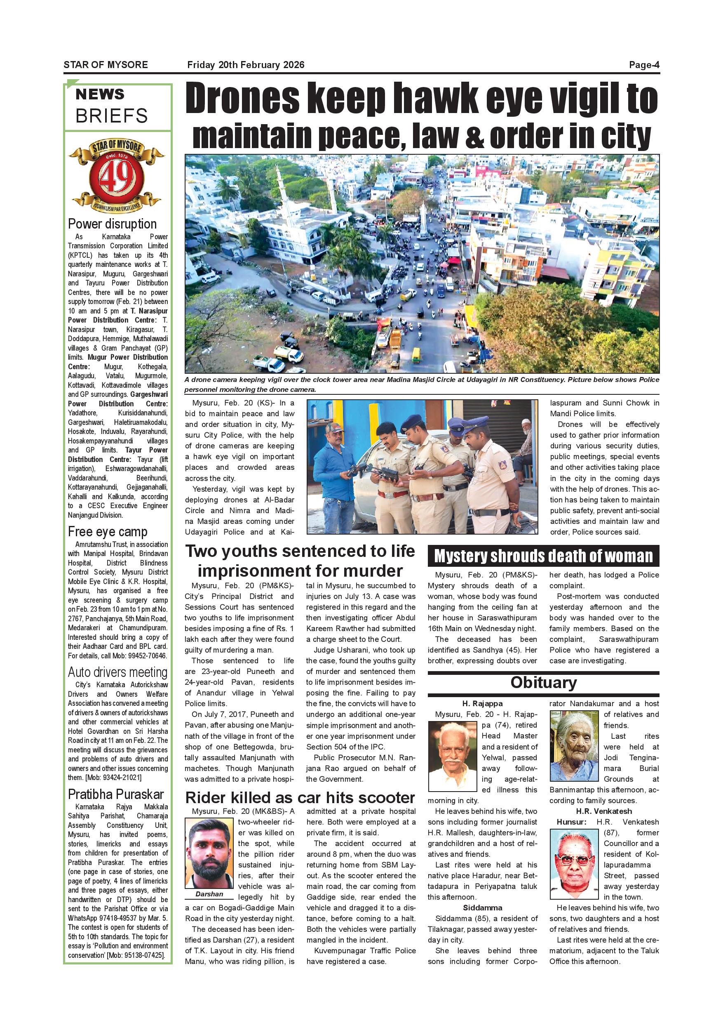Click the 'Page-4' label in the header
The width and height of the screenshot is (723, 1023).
(x=644, y=65)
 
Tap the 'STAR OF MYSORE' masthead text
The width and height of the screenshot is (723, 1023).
(x=106, y=65)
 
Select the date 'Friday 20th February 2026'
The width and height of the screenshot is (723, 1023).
(x=246, y=65)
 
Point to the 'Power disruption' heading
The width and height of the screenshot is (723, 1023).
(x=112, y=224)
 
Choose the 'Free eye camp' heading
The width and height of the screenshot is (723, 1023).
(x=108, y=532)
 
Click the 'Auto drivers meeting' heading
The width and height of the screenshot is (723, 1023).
(x=117, y=672)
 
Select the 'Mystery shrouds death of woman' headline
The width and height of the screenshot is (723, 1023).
(x=543, y=556)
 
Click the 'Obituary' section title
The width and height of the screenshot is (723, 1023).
(x=543, y=683)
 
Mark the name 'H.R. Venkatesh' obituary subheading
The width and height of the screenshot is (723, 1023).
(x=604, y=811)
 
